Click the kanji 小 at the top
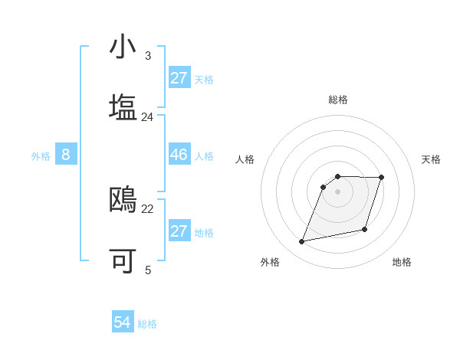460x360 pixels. (x=123, y=47)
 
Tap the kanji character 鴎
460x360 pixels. (x=123, y=199)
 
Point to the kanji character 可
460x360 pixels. (x=123, y=260)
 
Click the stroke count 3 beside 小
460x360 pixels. (x=148, y=56)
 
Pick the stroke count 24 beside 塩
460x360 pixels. (x=148, y=116)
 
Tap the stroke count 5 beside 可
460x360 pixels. (x=148, y=270)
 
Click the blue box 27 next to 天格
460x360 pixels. (x=179, y=78)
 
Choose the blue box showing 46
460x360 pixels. (x=179, y=155)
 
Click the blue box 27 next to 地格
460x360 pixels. (x=179, y=231)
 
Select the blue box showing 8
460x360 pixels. (x=66, y=155)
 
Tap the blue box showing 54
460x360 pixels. (x=123, y=322)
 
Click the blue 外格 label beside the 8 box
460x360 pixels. (x=41, y=155)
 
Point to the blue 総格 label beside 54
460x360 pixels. (x=147, y=324)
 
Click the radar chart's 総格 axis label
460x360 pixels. (x=338, y=100)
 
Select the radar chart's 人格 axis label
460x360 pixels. (x=245, y=159)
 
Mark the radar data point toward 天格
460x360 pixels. (x=382, y=178)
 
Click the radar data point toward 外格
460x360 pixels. (x=302, y=242)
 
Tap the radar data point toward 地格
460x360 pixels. (x=365, y=229)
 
